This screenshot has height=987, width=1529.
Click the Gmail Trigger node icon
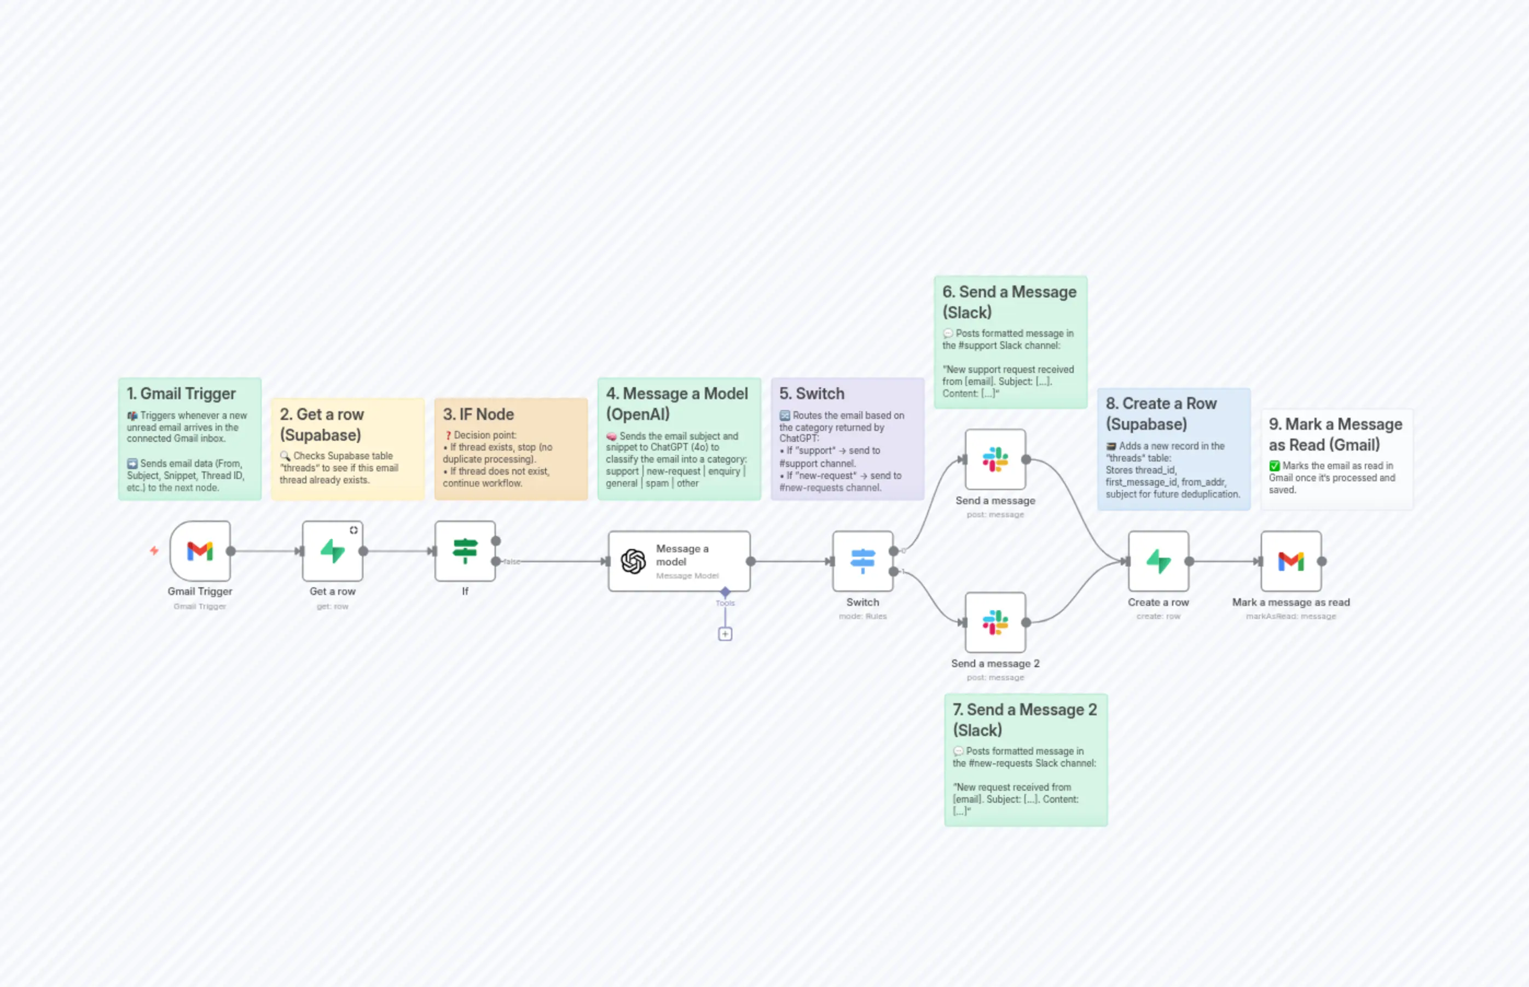coord(200,551)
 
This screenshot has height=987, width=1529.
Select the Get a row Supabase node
coord(332,551)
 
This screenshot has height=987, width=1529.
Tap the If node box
coord(465,551)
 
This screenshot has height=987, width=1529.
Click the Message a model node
coord(679,562)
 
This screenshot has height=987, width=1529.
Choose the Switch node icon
coord(862,562)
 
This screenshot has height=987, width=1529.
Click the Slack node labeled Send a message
coord(995,459)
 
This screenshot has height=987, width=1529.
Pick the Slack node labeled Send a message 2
coord(995,622)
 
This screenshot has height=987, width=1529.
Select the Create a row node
coord(1159,562)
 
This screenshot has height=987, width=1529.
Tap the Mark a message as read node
coord(1291,562)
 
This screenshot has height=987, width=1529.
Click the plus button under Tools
coord(725,634)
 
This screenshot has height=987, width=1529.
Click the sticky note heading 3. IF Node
coord(478,414)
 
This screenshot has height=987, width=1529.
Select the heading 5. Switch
coord(812,394)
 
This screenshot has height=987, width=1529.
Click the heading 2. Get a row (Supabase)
coord(322,424)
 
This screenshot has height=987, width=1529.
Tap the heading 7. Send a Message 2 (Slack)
coord(1024,720)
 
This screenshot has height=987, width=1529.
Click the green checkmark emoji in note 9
coord(1275,466)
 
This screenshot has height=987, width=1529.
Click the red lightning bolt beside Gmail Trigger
coord(154,551)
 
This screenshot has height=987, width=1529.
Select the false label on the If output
coord(512,562)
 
